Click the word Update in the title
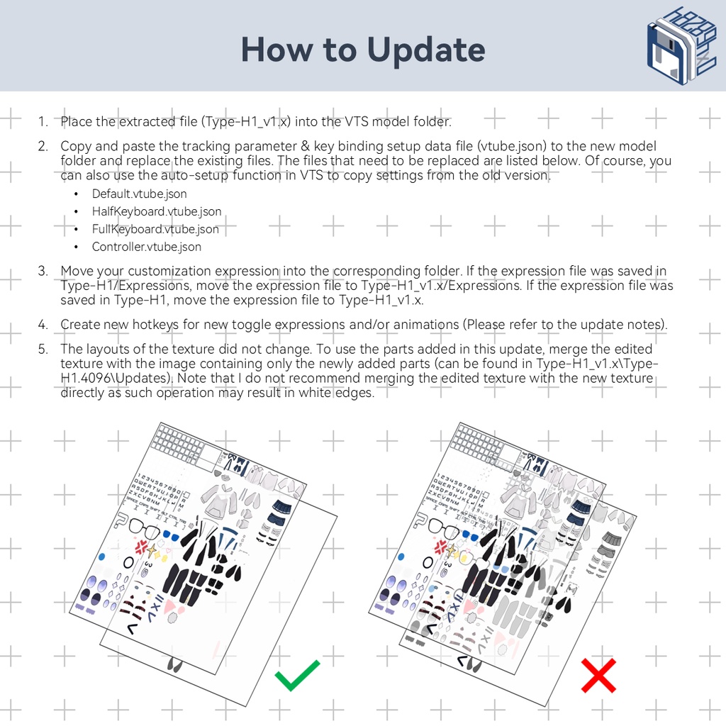tap(425, 50)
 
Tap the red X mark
tap(598, 675)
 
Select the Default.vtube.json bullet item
tap(139, 194)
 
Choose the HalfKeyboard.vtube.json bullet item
tap(156, 211)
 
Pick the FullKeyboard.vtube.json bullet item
tap(155, 229)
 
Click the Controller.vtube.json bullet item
tap(146, 247)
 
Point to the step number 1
tap(42, 122)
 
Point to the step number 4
tap(43, 324)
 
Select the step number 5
tap(43, 349)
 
